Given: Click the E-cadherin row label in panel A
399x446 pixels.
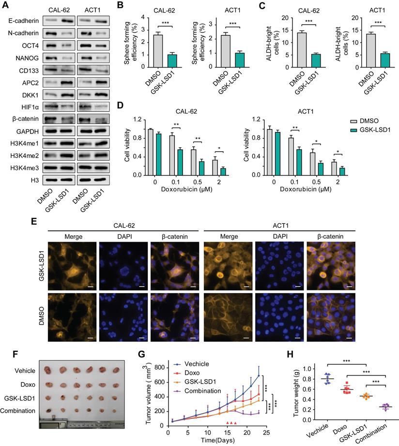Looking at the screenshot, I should coord(22,21).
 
